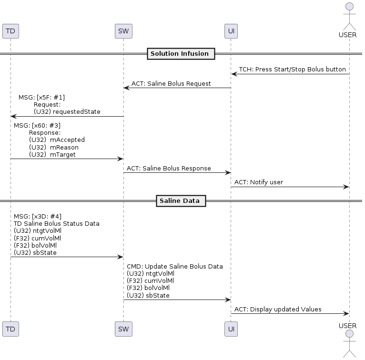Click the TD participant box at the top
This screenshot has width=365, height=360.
[10, 31]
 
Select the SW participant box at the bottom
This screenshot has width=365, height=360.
[123, 329]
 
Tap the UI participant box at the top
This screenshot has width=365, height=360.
[231, 31]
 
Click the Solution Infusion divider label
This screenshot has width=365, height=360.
[180, 54]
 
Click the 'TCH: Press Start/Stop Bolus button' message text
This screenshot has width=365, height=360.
[292, 70]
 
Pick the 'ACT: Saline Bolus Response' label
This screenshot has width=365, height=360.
[169, 169]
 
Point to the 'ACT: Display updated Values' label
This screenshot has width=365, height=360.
[278, 310]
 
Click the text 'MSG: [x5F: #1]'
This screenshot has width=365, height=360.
[41, 98]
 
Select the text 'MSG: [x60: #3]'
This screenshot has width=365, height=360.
[37, 126]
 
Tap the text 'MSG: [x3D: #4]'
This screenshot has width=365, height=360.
[38, 216]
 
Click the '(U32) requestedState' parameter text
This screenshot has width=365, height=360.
[67, 111]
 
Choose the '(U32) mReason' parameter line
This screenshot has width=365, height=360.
[54, 147]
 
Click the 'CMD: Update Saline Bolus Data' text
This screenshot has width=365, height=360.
[175, 267]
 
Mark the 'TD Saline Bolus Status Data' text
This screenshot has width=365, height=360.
[57, 223]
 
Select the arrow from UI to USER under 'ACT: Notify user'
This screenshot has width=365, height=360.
[290, 187]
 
